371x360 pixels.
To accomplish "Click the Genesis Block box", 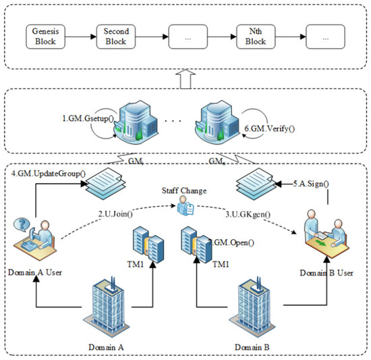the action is [x=45, y=36].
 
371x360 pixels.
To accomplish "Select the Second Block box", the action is [x=116, y=36].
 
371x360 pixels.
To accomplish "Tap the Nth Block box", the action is [x=256, y=36].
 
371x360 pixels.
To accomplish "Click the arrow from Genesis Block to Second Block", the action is [x=81, y=36].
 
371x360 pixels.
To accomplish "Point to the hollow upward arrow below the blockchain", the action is [x=185, y=79].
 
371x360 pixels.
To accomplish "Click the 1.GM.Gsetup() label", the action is [x=88, y=118].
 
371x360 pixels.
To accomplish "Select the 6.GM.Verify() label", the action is [x=270, y=129].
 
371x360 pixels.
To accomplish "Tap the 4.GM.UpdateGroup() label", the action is [x=49, y=174].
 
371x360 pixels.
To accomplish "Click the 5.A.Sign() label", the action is [x=311, y=184].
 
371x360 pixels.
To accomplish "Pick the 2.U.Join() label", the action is [x=115, y=214].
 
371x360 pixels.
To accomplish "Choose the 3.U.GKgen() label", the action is [x=248, y=214].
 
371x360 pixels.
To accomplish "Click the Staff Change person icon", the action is [x=185, y=206].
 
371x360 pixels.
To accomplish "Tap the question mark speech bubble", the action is [x=22, y=224].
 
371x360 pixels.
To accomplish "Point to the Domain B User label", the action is [x=326, y=273].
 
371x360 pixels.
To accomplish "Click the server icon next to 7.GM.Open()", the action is [x=196, y=245].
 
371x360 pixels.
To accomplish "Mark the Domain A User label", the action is [x=35, y=273].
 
